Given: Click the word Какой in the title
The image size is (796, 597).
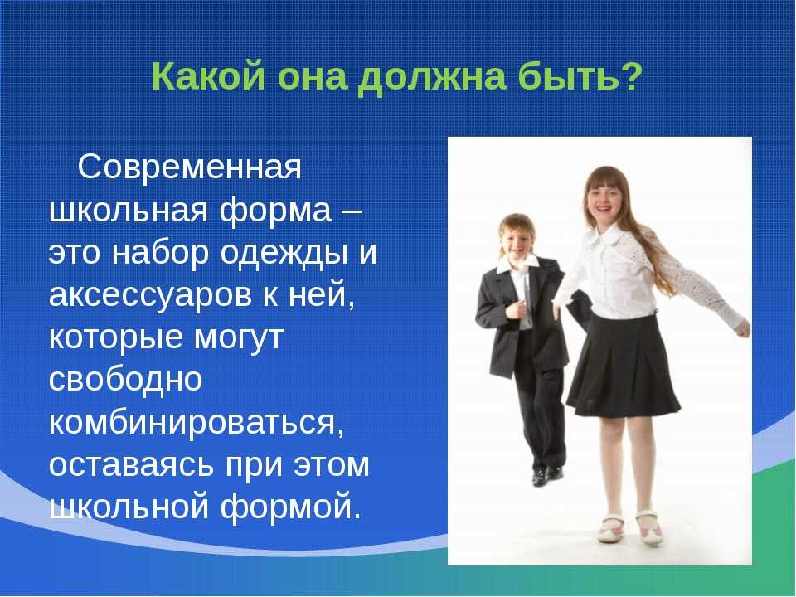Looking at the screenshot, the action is point(207,76).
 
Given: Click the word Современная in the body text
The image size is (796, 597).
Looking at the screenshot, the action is point(189,167).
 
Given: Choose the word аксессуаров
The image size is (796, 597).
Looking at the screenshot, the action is point(150,295).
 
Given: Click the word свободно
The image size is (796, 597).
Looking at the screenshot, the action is point(125,378).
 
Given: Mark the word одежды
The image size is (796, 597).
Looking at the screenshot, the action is point(284,253).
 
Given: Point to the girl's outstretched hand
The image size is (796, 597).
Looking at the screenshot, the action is point(742,328).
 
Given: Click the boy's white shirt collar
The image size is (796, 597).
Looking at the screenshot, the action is point(518,265).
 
